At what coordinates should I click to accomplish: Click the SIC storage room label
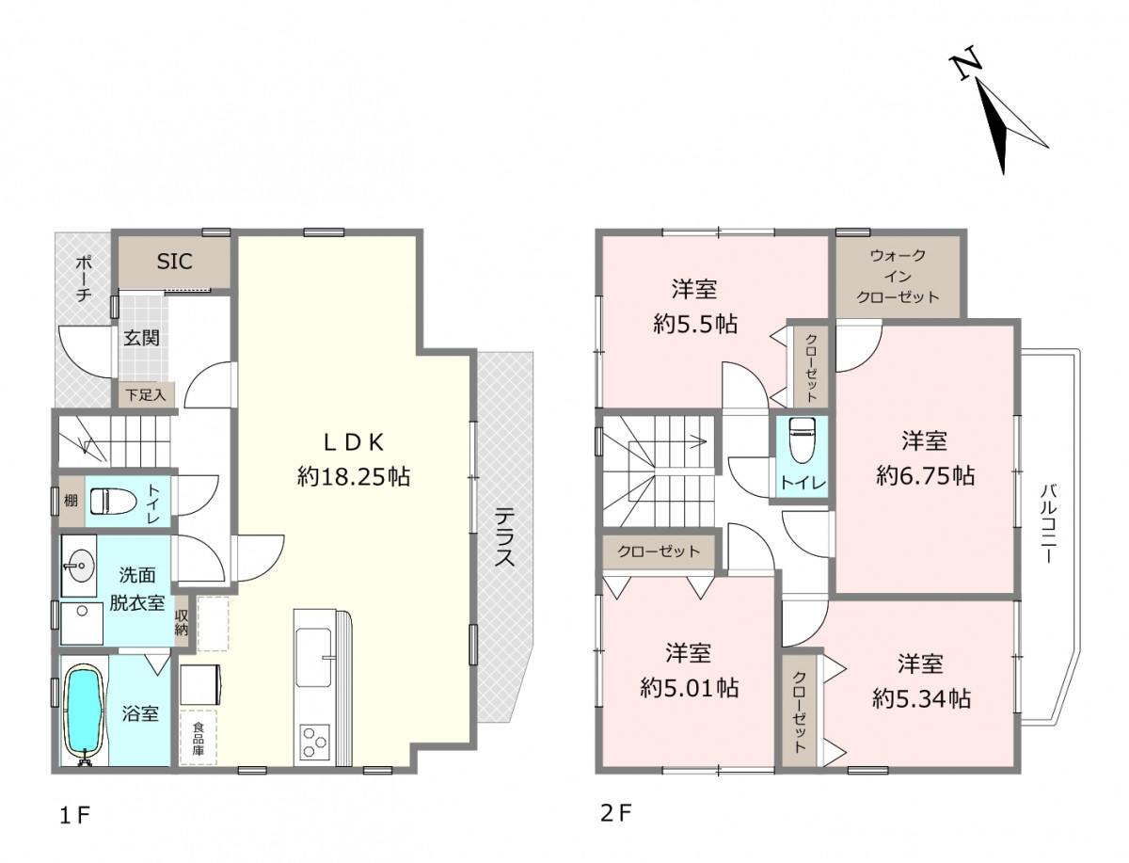coord(174,262)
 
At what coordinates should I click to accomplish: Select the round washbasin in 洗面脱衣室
coord(80,566)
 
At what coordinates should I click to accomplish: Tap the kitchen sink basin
coord(312,656)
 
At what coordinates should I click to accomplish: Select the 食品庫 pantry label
coord(198,739)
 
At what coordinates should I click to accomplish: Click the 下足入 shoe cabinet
coord(146,394)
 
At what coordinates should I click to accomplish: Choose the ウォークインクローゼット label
coord(897,276)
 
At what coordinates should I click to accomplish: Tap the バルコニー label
coord(1049,523)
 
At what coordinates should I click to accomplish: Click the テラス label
coord(504,536)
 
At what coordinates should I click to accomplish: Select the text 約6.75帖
coord(925,475)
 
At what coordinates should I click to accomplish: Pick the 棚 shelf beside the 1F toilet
coord(72,500)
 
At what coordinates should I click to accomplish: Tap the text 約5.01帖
coord(690,688)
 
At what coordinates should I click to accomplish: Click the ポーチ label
coord(83,279)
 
